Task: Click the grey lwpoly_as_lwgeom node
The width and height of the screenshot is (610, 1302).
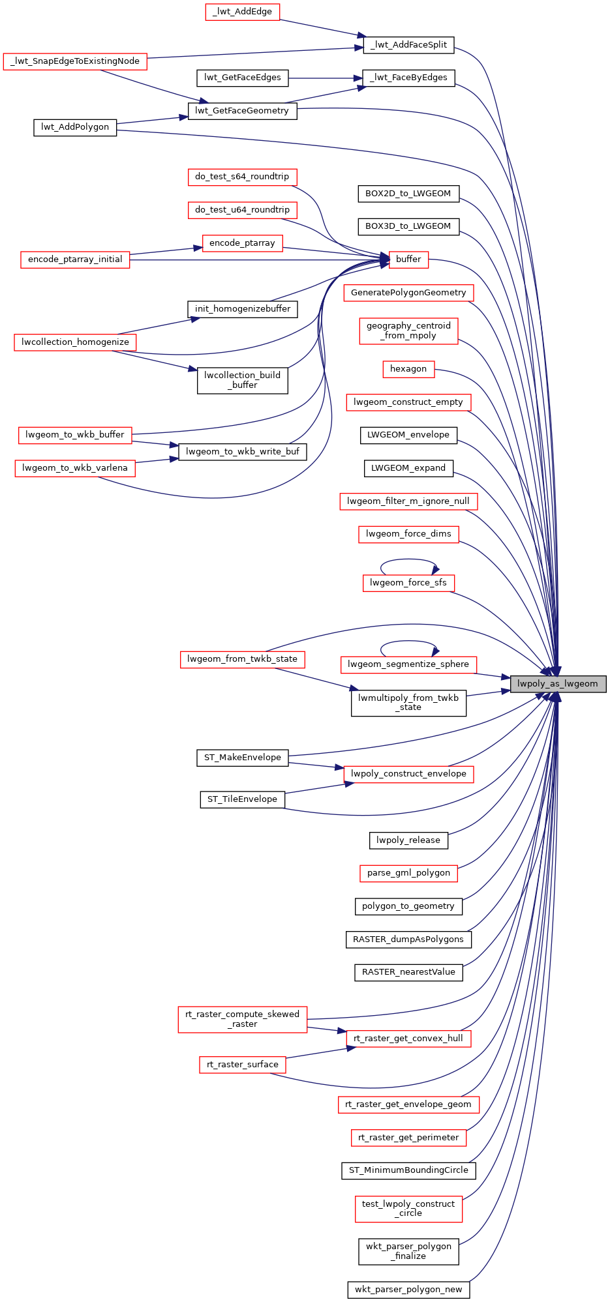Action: click(x=558, y=684)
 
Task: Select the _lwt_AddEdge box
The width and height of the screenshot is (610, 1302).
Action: click(x=242, y=12)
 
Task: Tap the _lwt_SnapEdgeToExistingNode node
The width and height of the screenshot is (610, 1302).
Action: click(x=75, y=61)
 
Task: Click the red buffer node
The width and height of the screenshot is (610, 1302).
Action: click(x=408, y=259)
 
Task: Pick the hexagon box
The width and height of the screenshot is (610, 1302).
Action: click(x=408, y=369)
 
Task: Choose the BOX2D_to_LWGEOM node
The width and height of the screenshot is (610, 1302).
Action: click(x=408, y=194)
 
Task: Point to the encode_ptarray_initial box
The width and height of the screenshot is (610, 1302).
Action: click(x=75, y=259)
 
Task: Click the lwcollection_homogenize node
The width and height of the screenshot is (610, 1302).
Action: click(x=75, y=342)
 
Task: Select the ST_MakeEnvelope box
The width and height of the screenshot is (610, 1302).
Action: click(x=242, y=758)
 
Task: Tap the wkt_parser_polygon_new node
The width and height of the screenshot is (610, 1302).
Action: click(x=408, y=1290)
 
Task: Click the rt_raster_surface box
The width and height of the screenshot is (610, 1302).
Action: click(x=242, y=1065)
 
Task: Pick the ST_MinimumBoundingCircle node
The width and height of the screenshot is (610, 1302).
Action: click(x=408, y=1170)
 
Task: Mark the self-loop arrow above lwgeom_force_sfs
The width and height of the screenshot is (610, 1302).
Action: click(x=408, y=560)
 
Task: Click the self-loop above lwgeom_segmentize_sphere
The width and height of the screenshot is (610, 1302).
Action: click(x=408, y=642)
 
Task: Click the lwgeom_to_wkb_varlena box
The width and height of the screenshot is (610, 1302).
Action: click(x=75, y=468)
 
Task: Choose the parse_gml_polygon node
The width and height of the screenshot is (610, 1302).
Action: click(x=408, y=873)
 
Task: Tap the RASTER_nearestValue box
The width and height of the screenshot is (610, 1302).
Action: click(x=408, y=972)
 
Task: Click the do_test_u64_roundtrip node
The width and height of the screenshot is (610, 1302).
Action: click(x=242, y=210)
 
